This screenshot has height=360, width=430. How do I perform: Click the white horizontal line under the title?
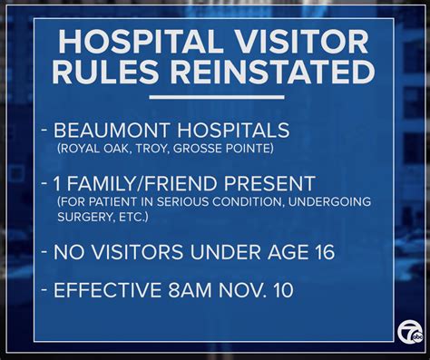coord(215,96)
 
